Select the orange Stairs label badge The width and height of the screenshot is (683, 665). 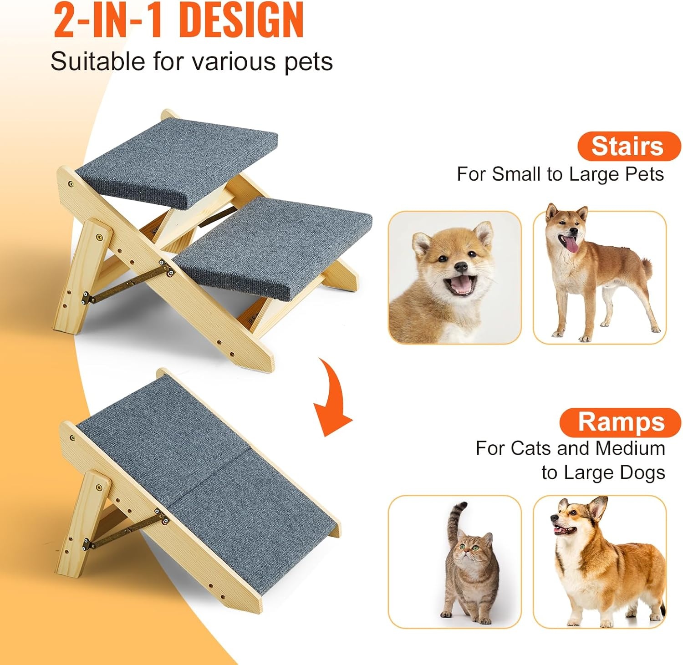coord(629,146)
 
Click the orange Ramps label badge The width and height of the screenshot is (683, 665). coord(621,422)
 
